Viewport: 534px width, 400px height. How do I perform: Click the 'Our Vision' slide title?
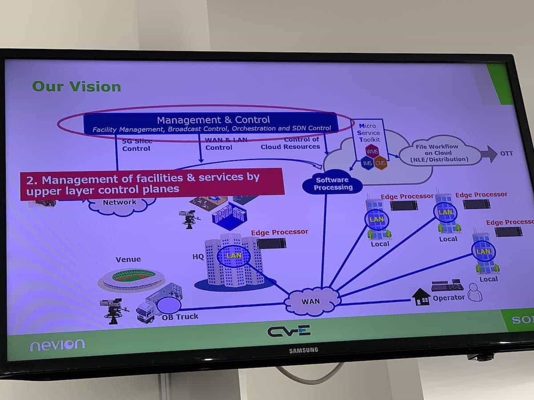coord(76,86)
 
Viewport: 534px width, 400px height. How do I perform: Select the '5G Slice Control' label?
coord(136,145)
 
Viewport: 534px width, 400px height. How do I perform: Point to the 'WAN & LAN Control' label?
coord(219,144)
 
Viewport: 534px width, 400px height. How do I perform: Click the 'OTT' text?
coord(506,154)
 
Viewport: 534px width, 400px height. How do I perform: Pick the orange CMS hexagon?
coord(380,163)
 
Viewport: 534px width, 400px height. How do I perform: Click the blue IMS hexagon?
coord(368,164)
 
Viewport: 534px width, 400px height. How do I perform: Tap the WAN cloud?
coord(311,302)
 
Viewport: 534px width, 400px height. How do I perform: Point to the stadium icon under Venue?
coord(131,279)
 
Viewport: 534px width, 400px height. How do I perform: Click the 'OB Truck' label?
coord(180,316)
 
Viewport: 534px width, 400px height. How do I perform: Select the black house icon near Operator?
coord(421,297)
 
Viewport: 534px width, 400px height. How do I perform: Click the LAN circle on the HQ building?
coord(233,256)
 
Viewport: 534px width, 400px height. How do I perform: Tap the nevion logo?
coord(57,344)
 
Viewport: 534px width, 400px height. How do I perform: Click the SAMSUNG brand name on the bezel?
coord(303,350)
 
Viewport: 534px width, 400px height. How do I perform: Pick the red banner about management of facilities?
coord(151,183)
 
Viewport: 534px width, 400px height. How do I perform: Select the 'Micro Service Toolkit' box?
coord(368,133)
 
